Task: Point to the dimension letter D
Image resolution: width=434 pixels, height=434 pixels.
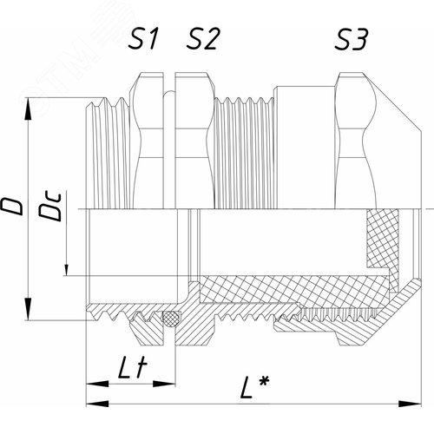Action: point(15,206)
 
